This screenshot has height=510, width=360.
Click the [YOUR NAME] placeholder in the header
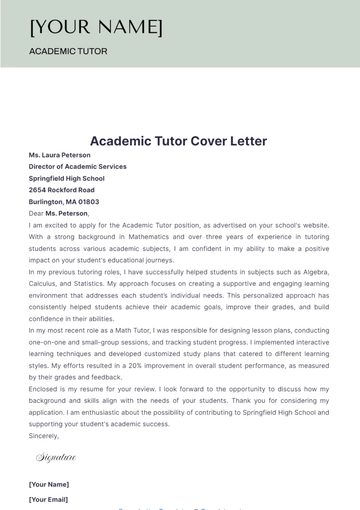96,26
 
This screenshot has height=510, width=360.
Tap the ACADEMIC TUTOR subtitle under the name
68,51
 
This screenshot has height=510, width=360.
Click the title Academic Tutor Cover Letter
179,141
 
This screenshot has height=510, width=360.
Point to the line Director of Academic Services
78,167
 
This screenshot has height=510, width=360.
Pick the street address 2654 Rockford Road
62,190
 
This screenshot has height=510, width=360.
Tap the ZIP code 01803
89,202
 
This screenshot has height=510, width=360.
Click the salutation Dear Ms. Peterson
59,213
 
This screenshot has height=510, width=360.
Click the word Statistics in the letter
104,284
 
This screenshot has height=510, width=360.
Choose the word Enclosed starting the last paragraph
45,389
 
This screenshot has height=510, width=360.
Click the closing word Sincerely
44,436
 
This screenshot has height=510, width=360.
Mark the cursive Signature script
56,457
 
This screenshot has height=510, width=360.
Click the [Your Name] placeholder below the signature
49,483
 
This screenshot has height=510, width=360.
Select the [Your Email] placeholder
49,499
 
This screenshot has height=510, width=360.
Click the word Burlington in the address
50,202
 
